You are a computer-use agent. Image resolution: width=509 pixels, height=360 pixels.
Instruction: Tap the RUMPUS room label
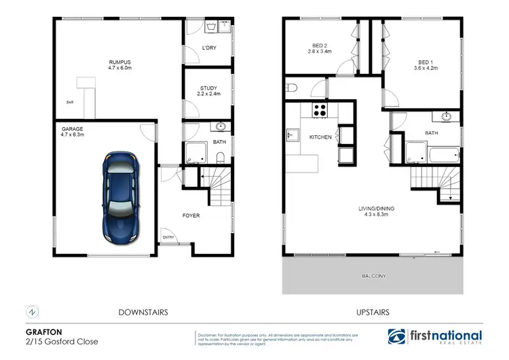click(102, 62)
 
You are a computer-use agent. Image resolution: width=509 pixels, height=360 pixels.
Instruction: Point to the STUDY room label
click(208, 91)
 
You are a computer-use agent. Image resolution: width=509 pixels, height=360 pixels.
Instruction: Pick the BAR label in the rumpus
click(69, 103)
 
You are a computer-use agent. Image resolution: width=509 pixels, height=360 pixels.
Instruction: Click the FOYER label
click(191, 216)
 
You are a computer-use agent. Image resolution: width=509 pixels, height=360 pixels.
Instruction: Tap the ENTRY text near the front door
click(167, 237)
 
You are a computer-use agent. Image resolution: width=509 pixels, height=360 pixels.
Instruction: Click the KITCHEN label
click(320, 137)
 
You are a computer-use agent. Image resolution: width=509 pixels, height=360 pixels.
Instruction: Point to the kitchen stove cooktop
click(319, 109)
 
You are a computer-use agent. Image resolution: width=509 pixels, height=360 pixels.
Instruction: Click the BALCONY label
click(373, 276)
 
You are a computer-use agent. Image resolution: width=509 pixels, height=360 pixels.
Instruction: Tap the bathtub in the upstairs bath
click(445, 155)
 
